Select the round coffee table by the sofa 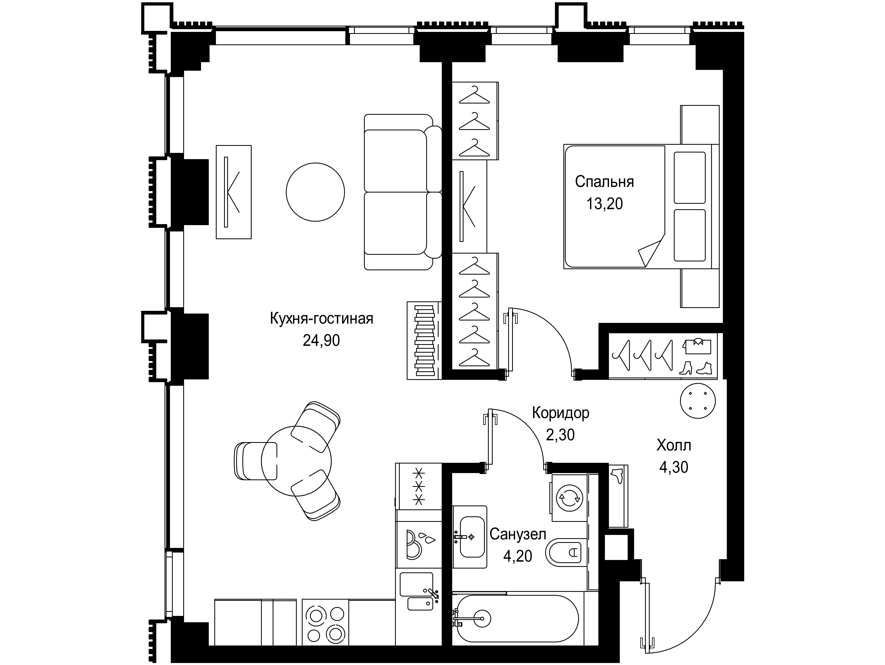tap(315, 192)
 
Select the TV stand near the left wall tap(234, 192)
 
